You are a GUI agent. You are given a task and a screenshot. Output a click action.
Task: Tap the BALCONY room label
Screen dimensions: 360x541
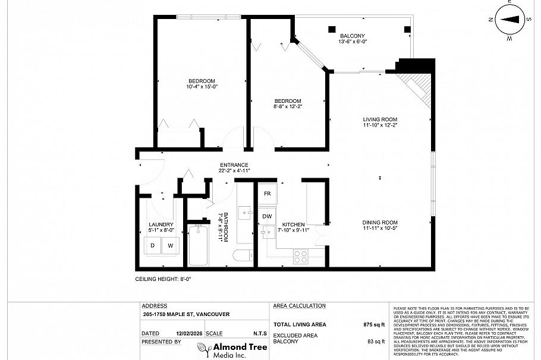click(x=352, y=36)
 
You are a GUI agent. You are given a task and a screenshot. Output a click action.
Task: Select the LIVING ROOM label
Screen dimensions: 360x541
click(x=380, y=119)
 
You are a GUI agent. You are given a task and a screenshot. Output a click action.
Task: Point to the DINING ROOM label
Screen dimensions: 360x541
click(x=380, y=223)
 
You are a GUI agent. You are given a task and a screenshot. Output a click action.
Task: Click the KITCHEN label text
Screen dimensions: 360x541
click(x=294, y=225)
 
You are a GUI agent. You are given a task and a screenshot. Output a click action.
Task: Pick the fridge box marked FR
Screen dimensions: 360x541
click(x=268, y=194)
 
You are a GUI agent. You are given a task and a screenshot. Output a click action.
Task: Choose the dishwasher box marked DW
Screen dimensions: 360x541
click(x=268, y=216)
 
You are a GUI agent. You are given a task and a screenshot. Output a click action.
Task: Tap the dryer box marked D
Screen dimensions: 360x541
click(x=153, y=245)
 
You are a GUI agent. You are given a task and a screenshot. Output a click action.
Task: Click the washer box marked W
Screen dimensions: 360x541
click(x=170, y=245)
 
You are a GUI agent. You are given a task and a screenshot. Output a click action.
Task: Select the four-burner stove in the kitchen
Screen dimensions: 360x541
click(x=301, y=257)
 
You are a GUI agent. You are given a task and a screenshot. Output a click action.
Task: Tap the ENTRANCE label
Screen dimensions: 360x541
click(x=234, y=165)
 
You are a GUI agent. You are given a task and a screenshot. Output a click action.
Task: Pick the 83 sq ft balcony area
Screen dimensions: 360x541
click(x=376, y=342)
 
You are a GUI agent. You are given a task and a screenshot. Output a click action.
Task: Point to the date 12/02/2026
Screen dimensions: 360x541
click(x=184, y=334)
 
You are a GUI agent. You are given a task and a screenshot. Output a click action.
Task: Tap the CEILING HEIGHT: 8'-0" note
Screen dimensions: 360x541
click(x=163, y=278)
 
